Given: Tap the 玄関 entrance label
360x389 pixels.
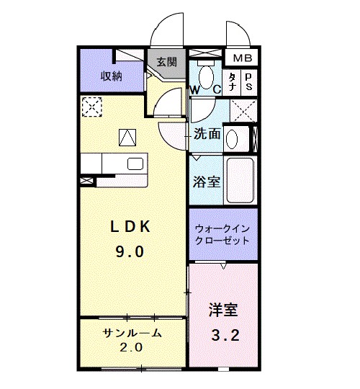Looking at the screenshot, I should tap(166, 62).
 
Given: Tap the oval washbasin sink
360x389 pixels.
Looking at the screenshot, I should tap(232, 138).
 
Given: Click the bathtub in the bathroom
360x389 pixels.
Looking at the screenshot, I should tap(239, 180).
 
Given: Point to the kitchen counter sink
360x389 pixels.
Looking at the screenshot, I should tap(135, 164).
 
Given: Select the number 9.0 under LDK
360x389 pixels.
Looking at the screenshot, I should tap(130, 251).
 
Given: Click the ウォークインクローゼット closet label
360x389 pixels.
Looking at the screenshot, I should tap(222, 234).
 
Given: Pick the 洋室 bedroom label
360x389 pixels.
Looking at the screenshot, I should tap(222, 310).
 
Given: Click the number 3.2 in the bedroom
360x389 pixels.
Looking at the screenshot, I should tap(222, 334).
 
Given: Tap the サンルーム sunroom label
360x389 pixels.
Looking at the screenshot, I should tap(131, 333).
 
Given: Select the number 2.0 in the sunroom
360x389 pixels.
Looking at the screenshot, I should tap(131, 347).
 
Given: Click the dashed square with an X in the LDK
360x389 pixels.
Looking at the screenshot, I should tap(91, 107).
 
